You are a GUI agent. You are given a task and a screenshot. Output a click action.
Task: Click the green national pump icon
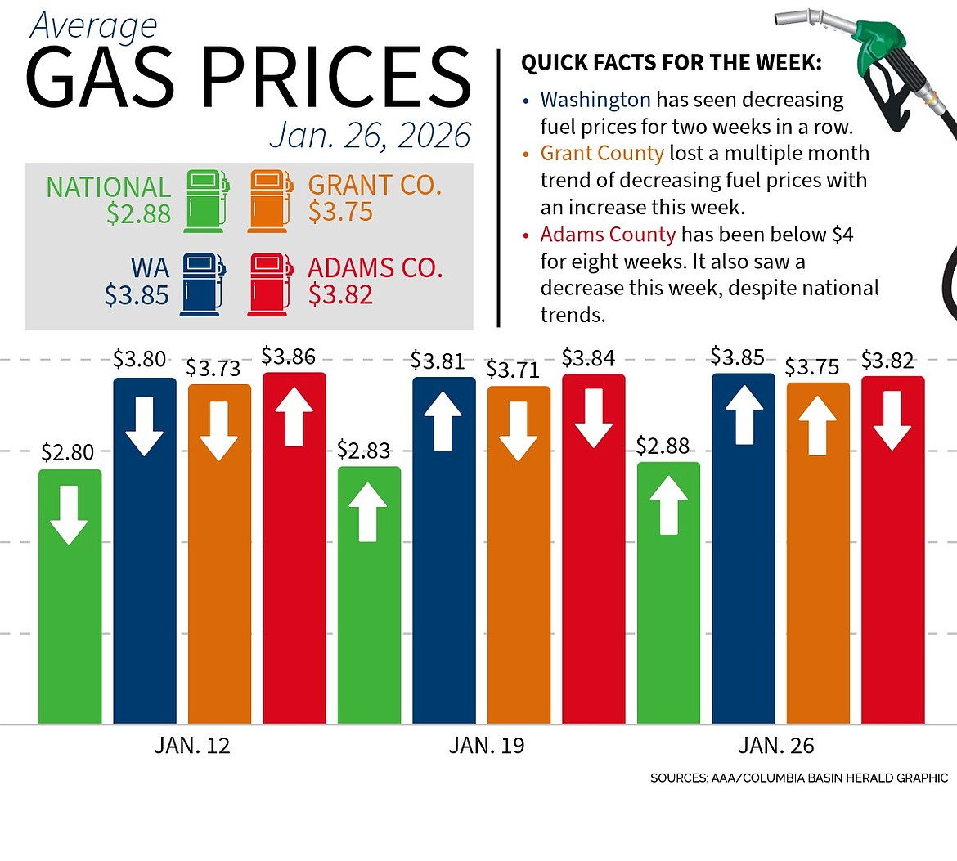[205, 200]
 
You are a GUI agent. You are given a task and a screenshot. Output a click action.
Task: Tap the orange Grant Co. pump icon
[270, 200]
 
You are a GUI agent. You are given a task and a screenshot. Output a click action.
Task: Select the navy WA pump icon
[202, 284]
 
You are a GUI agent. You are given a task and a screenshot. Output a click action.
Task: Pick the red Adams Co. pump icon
[270, 284]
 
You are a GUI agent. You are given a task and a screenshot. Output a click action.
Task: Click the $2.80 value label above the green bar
[68, 452]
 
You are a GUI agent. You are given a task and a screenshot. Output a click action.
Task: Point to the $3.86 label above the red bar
[289, 357]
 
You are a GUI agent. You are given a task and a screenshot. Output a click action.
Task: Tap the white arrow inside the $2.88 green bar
[668, 505]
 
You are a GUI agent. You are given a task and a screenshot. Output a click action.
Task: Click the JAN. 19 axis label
[487, 746]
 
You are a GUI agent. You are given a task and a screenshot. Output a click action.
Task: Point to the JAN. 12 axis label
[192, 746]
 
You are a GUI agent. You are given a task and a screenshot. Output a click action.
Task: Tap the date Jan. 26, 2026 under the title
[371, 135]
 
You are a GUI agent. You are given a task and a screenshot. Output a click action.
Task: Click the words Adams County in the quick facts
[608, 235]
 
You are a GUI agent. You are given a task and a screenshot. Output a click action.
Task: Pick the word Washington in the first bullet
[595, 100]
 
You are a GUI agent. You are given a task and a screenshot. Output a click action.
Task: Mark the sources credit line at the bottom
[799, 778]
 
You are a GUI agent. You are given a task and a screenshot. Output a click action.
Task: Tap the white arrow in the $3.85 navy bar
[744, 414]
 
